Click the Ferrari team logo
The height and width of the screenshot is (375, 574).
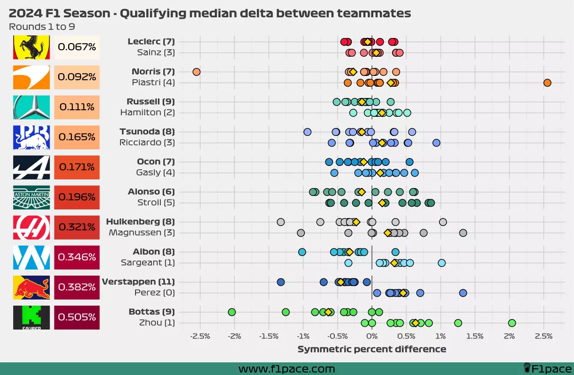(x=31, y=47)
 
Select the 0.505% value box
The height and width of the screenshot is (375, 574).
(x=77, y=317)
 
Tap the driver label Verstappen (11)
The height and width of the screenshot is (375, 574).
(x=138, y=282)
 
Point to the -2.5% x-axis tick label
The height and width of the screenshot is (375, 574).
(x=200, y=336)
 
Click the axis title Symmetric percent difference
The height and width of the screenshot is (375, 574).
(x=371, y=349)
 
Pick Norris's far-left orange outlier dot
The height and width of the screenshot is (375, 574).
(x=196, y=72)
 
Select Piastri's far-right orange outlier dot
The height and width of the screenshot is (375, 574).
(x=547, y=83)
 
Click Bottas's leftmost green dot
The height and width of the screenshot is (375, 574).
(x=232, y=312)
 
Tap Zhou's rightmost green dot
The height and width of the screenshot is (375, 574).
(x=512, y=323)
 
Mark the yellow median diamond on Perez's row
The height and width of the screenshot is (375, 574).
(x=403, y=293)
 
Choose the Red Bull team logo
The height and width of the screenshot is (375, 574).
(x=31, y=287)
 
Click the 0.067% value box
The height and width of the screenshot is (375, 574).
(x=77, y=47)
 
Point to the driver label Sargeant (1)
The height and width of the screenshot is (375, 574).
(x=148, y=262)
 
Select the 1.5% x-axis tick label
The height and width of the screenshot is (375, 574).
(x=475, y=336)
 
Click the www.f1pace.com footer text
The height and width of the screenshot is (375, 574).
(x=287, y=369)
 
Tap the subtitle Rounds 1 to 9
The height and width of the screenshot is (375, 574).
(x=42, y=27)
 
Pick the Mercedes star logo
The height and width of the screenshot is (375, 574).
(x=31, y=107)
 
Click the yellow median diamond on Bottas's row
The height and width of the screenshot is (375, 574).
(x=328, y=312)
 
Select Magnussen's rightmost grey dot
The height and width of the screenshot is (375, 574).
(x=463, y=233)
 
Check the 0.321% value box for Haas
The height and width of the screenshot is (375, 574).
(x=77, y=227)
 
